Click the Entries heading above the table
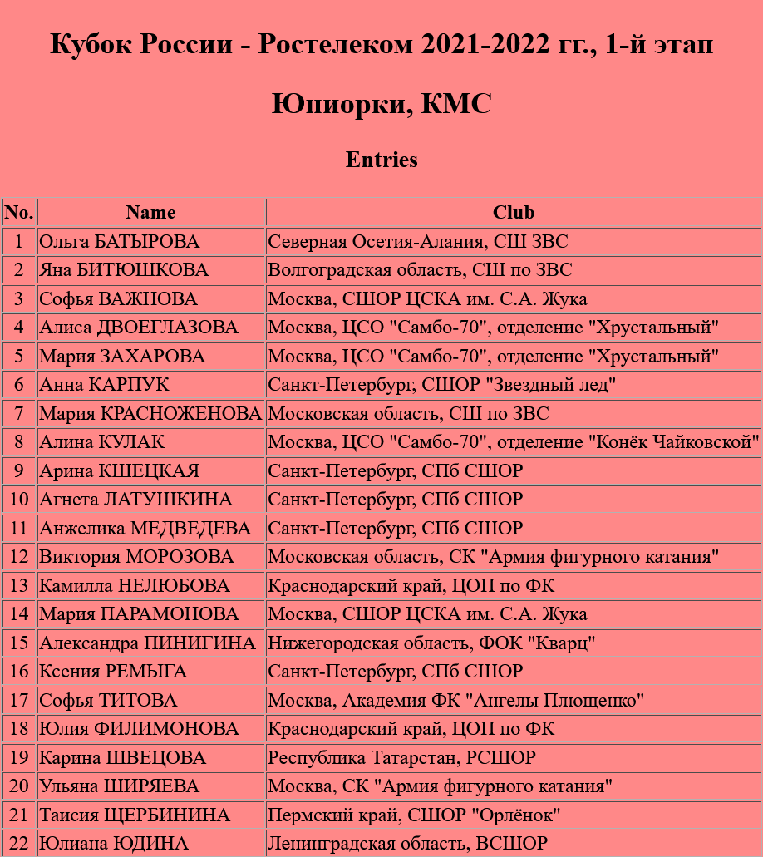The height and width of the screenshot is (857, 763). (x=381, y=160)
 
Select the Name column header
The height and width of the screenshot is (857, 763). (x=150, y=213)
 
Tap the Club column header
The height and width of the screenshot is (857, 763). (x=513, y=213)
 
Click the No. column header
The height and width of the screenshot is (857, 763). (x=19, y=213)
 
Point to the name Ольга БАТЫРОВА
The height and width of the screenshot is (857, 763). (x=120, y=242)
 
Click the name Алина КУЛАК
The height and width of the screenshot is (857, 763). (x=102, y=442)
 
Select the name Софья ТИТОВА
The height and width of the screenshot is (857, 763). (x=109, y=701)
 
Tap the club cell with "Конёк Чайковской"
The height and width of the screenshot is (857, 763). (x=513, y=442)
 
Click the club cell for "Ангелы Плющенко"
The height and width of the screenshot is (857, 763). (x=456, y=701)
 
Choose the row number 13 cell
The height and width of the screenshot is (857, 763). (x=19, y=586)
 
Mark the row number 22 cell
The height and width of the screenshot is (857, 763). (x=19, y=844)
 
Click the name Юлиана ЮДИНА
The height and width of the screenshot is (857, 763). (x=114, y=844)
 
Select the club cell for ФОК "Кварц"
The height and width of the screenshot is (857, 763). (x=431, y=643)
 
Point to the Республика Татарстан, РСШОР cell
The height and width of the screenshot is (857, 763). (x=401, y=758)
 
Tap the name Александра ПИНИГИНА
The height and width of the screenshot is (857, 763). (x=148, y=643)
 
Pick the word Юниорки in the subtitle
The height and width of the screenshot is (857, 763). (x=341, y=104)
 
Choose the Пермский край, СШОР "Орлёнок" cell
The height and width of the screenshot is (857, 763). (x=414, y=815)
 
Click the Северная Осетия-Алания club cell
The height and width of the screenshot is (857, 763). (x=418, y=242)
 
